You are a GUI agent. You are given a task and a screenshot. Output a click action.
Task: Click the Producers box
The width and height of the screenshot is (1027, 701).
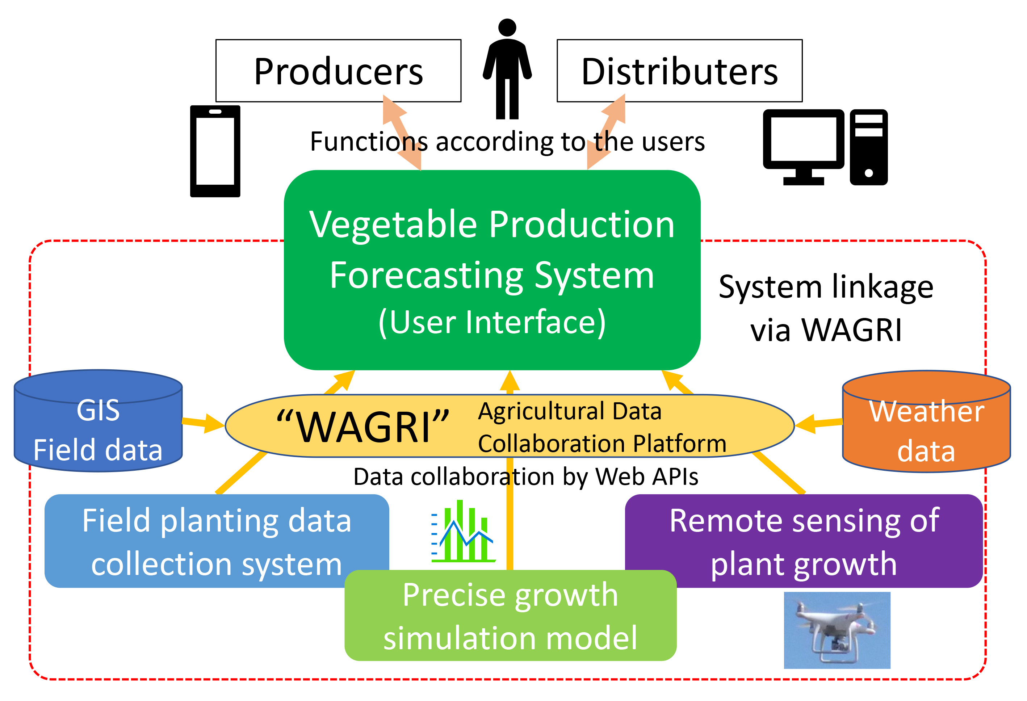(338, 71)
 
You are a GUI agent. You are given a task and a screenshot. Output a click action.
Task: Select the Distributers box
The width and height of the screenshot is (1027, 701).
(679, 71)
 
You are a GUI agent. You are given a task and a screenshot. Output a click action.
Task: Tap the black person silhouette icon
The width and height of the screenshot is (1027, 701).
(507, 69)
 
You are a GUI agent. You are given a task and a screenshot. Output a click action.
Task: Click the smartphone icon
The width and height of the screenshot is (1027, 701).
(215, 151)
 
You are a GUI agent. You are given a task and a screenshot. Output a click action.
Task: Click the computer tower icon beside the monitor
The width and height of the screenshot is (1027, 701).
(868, 147)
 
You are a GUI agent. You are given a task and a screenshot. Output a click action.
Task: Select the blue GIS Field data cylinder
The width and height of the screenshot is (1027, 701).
(98, 421)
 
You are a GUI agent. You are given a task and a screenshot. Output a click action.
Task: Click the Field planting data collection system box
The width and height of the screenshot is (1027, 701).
(217, 541)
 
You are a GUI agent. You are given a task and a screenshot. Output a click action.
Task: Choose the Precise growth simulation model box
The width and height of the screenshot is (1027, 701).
(510, 616)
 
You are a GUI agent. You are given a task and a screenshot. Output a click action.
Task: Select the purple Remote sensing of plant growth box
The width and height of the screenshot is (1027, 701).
(804, 541)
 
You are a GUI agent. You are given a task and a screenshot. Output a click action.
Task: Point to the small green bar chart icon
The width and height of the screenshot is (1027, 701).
(464, 531)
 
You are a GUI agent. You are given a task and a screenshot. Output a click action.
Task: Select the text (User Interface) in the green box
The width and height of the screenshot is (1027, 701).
(492, 322)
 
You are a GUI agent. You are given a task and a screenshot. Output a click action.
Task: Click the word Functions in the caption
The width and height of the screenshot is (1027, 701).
(369, 142)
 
